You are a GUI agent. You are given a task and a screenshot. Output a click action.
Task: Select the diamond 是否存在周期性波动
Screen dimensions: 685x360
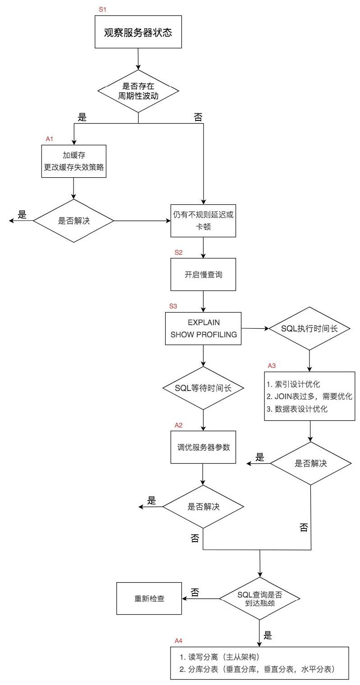tap(138, 91)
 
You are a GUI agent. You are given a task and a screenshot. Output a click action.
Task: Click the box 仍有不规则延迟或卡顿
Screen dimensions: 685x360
tap(203, 221)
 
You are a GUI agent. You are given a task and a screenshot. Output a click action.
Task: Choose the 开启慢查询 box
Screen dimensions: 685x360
tap(203, 274)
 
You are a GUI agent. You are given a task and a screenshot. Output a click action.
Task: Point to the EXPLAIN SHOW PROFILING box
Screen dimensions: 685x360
tap(203, 330)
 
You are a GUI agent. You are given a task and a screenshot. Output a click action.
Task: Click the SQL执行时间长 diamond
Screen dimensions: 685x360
tap(309, 329)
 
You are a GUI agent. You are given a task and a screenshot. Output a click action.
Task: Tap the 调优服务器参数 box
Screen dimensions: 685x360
tap(203, 447)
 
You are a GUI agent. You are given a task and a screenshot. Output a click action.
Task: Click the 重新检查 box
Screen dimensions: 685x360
tap(149, 598)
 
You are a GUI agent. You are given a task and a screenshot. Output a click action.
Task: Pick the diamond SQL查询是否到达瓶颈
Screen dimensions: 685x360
tap(260, 599)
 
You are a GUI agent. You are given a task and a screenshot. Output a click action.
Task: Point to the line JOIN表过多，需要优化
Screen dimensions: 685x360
tap(309, 397)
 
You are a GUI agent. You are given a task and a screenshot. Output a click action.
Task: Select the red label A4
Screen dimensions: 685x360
tap(179, 640)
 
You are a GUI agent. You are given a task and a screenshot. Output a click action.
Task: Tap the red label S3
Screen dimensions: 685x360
tap(173, 306)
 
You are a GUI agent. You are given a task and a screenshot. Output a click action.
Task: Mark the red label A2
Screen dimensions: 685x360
tap(179, 425)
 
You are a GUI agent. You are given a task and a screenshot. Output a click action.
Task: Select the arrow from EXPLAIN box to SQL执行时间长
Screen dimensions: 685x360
tap(255, 329)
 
